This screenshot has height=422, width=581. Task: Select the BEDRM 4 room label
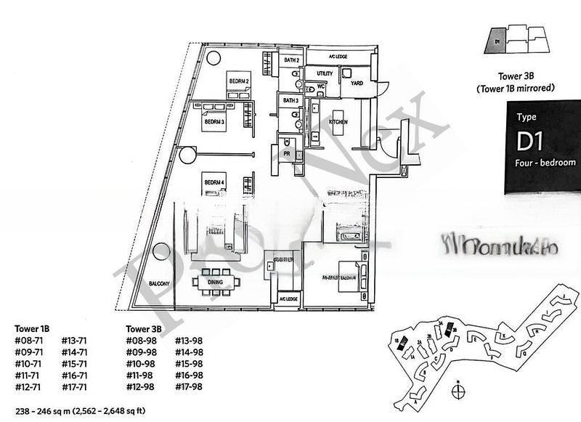pyautogui.click(x=214, y=182)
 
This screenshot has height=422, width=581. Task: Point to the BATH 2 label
pyautogui.click(x=291, y=60)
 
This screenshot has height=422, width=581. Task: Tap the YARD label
pyautogui.click(x=357, y=84)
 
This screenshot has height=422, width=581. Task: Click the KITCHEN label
pyautogui.click(x=339, y=122)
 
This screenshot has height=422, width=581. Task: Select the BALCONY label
pyautogui.click(x=160, y=283)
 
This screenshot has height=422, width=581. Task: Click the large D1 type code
pyautogui.click(x=532, y=139)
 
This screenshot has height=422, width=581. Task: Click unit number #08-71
pyautogui.click(x=29, y=341)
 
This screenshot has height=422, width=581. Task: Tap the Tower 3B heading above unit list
pyautogui.click(x=142, y=328)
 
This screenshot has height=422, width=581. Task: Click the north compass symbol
pyautogui.click(x=458, y=390)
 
